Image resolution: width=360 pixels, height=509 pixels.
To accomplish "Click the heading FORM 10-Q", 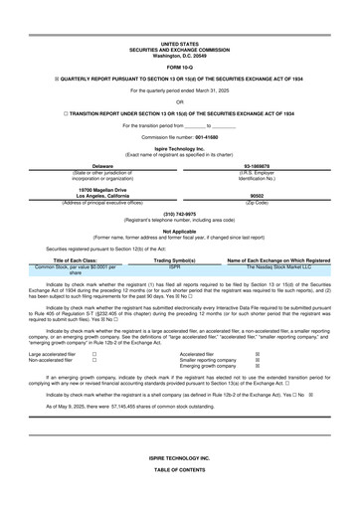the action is tap(179, 67).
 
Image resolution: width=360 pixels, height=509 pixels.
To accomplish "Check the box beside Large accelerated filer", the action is tap(93, 353).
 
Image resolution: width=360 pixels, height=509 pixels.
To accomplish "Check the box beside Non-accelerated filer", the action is tap(93, 360).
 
